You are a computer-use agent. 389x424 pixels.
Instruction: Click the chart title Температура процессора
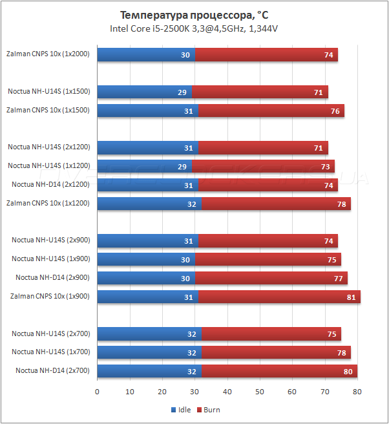point(194,14)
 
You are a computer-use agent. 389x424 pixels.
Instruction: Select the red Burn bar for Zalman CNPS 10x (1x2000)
point(266,55)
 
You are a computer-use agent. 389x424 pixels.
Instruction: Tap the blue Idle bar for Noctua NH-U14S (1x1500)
point(144,92)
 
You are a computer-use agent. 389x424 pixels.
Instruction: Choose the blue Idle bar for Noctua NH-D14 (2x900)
point(145,278)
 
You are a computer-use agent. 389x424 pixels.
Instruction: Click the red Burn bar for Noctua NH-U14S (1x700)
point(276,352)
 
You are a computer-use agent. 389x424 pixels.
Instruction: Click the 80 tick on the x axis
point(357,392)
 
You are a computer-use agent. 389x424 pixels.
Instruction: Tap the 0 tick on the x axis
point(97,392)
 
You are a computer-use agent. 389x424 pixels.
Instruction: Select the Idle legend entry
point(181,410)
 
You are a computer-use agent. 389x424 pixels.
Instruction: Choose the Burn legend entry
point(208,410)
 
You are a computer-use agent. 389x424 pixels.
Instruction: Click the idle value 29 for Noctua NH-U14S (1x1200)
point(182,166)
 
